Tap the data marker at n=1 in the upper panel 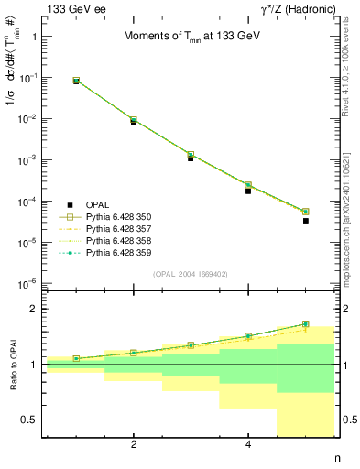coord(76,81)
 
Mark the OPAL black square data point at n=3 coord(191,158)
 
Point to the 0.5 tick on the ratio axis coord(30,420)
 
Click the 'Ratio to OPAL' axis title coord(10,365)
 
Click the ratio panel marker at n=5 coord(306,324)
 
